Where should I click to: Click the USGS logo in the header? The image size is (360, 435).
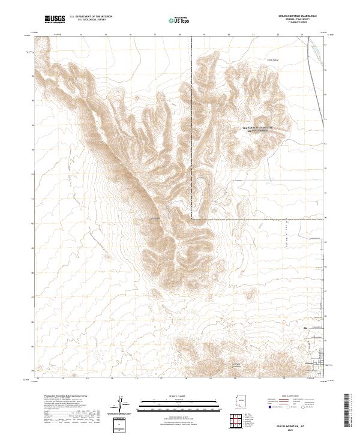click(x=55, y=20)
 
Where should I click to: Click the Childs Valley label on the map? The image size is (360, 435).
click(x=274, y=60)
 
